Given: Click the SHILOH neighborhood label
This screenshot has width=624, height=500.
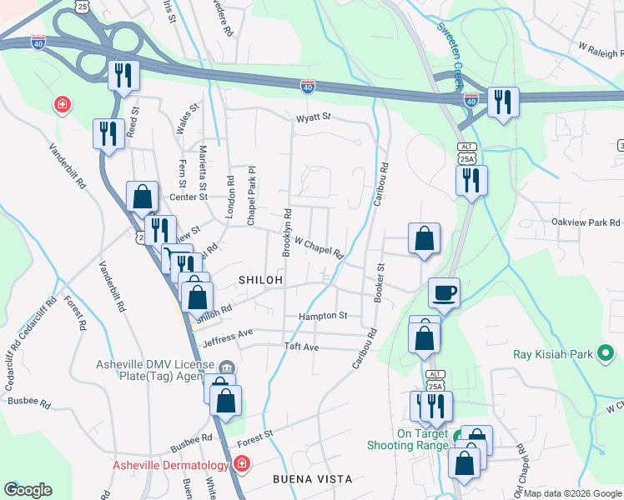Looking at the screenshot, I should (261, 280).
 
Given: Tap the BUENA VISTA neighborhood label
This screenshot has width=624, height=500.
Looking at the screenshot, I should (313, 479).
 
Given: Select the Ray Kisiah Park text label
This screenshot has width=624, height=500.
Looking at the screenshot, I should (552, 355).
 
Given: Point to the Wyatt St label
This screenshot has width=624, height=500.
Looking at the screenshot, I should (314, 117).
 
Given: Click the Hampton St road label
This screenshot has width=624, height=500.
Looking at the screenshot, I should (324, 316).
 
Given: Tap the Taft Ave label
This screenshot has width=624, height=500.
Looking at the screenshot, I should (302, 347).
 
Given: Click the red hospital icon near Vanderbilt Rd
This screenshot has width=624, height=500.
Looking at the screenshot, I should (63, 105).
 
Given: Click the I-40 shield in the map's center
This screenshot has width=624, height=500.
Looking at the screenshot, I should (308, 85).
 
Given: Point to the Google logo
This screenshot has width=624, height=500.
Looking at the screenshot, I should (28, 490).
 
